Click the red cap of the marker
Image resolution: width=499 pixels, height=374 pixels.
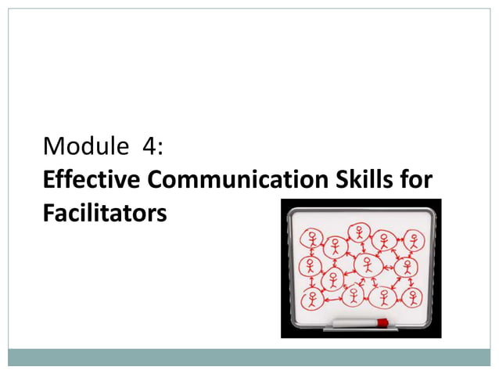click(x=383, y=322)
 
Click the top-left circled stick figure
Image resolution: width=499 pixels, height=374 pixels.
click(x=313, y=236)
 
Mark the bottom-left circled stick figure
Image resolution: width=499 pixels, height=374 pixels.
click(x=313, y=298)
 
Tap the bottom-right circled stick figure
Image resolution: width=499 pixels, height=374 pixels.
click(x=412, y=297)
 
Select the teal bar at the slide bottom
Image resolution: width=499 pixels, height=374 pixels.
click(x=249, y=357)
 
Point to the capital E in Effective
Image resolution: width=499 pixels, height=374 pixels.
click(x=49, y=179)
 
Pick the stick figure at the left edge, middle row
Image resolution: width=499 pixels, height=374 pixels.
click(x=310, y=266)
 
